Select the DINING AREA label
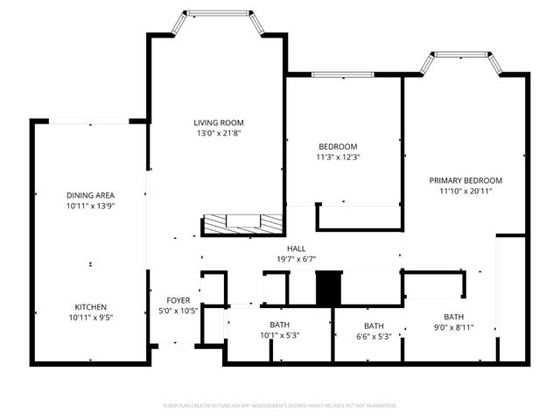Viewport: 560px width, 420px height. [91, 195]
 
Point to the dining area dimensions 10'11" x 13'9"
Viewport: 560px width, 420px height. [91, 206]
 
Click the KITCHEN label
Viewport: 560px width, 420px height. [91, 307]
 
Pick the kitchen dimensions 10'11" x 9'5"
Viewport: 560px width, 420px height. [91, 318]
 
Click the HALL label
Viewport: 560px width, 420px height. [284, 248]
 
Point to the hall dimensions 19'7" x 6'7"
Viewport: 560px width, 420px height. [284, 259]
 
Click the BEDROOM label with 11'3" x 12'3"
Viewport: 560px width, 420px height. [338, 146]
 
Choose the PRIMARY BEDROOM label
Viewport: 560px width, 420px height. [465, 180]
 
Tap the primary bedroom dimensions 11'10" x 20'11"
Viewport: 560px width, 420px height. [465, 191]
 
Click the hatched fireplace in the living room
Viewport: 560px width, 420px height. [243, 224]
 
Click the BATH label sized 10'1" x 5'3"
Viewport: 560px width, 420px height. [279, 325]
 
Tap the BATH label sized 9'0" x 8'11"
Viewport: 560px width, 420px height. [453, 317]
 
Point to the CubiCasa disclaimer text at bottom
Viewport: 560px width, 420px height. [280, 406]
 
